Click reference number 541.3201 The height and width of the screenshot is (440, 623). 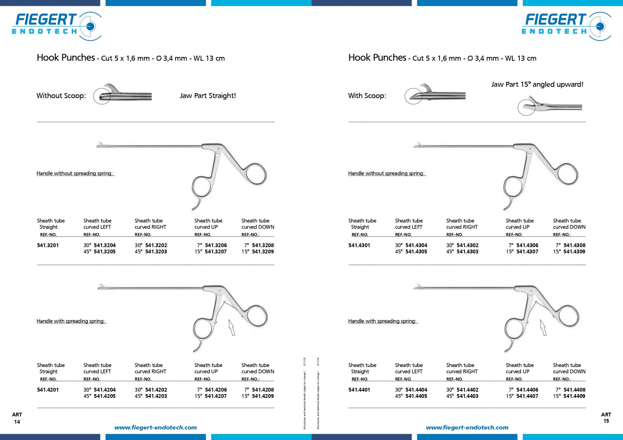(48, 245)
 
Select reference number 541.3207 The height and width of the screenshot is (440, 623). (216, 251)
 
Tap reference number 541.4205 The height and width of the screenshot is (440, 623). (105, 396)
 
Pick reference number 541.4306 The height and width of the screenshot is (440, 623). (527, 245)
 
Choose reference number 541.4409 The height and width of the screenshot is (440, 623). (574, 396)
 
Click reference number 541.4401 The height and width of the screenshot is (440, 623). (359, 390)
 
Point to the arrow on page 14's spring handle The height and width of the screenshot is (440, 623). (232, 327)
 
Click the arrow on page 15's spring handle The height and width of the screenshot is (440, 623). (543, 327)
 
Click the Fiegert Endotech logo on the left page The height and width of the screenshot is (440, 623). (57, 26)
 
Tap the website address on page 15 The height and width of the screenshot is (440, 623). (467, 428)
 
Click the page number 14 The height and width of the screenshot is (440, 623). (17, 422)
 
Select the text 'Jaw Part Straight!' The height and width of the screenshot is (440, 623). (208, 96)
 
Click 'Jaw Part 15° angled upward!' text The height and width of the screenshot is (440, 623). (537, 85)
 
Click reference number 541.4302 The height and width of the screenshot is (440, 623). (468, 245)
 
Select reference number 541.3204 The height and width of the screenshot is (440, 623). (105, 245)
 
